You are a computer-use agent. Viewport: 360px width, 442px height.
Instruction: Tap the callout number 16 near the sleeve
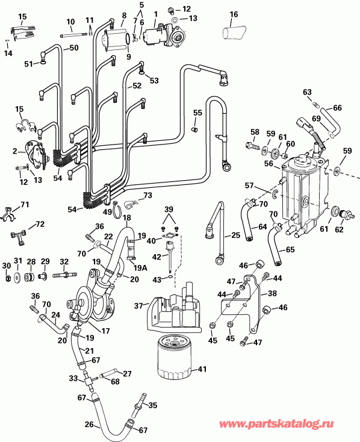(234, 14)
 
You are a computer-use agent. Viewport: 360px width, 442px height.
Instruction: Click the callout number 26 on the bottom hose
(89, 424)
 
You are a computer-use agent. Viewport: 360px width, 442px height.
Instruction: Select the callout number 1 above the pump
(155, 13)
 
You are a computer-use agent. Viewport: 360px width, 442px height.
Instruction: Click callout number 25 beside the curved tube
(235, 234)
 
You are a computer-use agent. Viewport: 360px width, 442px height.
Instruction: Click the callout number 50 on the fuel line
(75, 48)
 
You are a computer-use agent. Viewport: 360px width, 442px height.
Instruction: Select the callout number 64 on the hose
(262, 227)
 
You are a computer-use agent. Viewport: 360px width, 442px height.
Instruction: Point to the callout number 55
(197, 113)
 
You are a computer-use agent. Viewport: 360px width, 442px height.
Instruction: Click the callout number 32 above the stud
(64, 261)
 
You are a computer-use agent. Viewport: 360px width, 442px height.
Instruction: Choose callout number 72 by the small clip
(40, 224)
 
